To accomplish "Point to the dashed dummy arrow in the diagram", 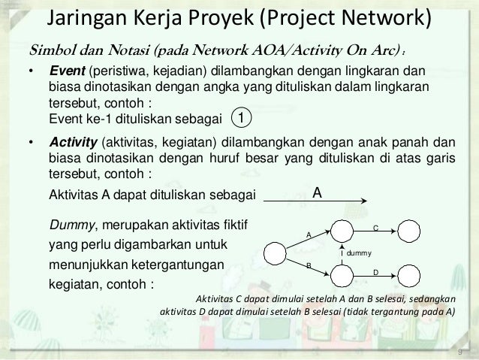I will click(342, 253).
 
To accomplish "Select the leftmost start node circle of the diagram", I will click(274, 253).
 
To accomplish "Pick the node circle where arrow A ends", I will click(342, 230).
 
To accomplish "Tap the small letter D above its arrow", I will click(375, 271).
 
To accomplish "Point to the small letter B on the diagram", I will click(308, 265).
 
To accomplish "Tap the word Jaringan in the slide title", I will click(80, 17).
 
